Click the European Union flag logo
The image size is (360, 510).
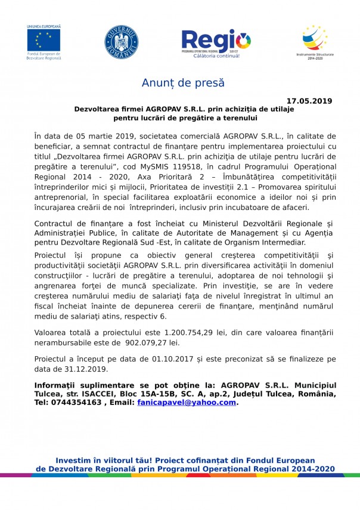tap(44, 40)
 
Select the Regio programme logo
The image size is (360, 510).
tap(216, 41)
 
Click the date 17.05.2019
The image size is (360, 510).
tap(309, 101)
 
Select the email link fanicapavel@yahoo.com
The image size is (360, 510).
tap(186, 403)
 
